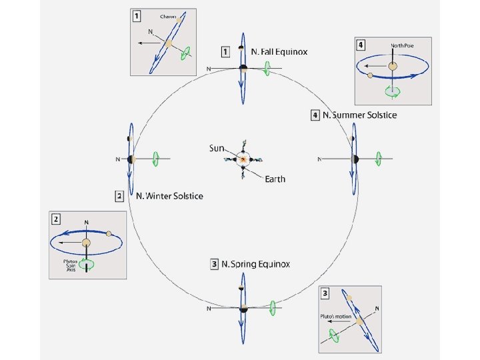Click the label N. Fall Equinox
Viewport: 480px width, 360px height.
coord(279,51)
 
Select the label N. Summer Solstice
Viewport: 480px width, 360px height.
coord(359,115)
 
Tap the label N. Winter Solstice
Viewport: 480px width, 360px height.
coord(169,196)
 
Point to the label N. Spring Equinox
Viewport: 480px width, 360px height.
coord(255,264)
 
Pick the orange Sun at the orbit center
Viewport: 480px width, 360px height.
coord(243,160)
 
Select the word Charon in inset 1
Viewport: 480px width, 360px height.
coord(168,16)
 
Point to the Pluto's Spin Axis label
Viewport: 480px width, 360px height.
coord(71,266)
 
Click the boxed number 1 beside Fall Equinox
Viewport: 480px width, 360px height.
coord(225,51)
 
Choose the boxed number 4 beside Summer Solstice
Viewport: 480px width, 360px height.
coord(315,115)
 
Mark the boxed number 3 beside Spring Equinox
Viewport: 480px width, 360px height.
coord(215,264)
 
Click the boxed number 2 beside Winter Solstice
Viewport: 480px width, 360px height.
coord(119,196)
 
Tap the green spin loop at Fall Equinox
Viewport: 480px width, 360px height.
coord(267,68)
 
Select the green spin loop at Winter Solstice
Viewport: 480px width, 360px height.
coord(155,159)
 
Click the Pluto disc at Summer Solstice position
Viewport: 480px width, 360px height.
coord(355,159)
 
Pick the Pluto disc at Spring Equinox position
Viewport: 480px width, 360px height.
coord(244,308)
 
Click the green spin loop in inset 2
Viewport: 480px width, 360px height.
coord(87,264)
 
